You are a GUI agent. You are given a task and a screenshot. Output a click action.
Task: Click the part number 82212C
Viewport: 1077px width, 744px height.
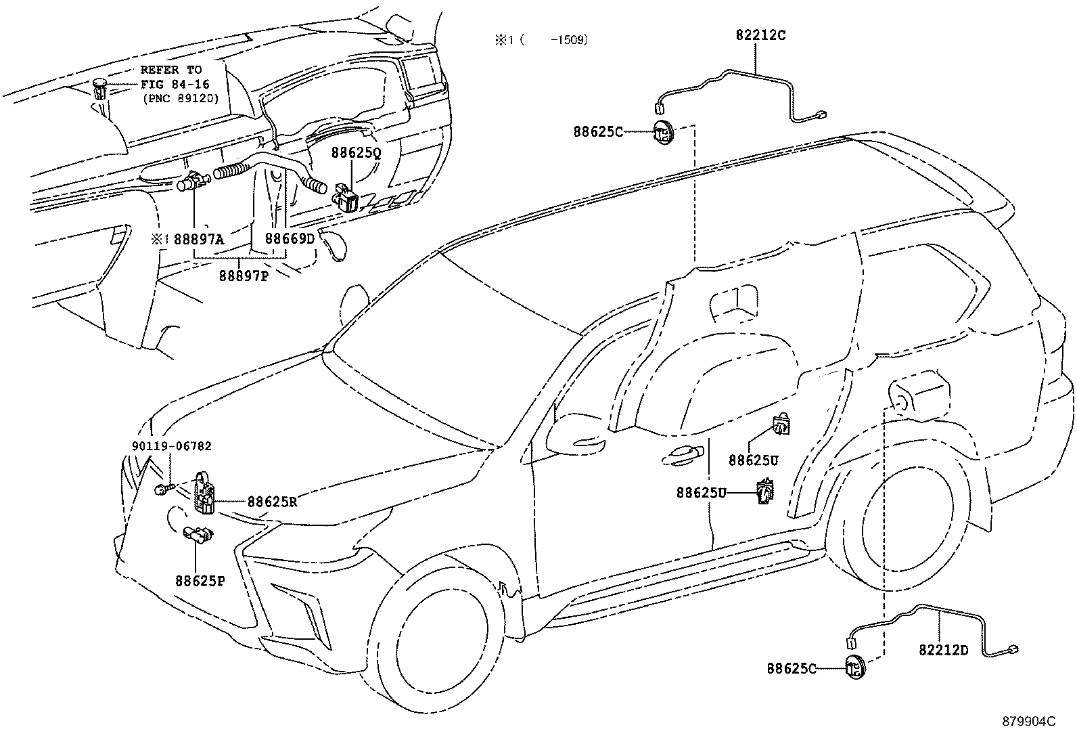click(760, 35)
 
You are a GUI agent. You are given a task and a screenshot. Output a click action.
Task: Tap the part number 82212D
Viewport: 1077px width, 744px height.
click(944, 650)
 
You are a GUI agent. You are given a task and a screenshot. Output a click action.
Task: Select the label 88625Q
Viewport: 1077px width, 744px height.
click(356, 153)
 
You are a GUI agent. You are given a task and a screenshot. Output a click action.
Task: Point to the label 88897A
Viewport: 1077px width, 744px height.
click(199, 239)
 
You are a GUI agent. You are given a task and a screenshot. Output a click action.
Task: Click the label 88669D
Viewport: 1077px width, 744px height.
click(290, 238)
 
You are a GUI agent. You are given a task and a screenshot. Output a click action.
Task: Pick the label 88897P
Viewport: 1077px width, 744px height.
click(244, 276)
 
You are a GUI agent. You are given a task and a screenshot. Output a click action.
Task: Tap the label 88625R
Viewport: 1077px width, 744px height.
click(272, 502)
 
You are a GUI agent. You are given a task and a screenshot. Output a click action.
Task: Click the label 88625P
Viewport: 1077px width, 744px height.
click(200, 581)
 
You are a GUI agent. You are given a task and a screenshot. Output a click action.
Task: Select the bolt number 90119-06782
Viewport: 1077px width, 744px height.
click(172, 446)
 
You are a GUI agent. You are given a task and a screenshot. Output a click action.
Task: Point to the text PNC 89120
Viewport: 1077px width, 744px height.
click(181, 99)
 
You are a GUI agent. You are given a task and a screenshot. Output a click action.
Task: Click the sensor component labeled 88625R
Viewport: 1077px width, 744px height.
click(204, 493)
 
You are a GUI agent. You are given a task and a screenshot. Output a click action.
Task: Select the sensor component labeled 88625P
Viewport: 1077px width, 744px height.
click(198, 533)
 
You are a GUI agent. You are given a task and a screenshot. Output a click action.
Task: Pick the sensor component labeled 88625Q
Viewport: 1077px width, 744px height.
click(347, 196)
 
